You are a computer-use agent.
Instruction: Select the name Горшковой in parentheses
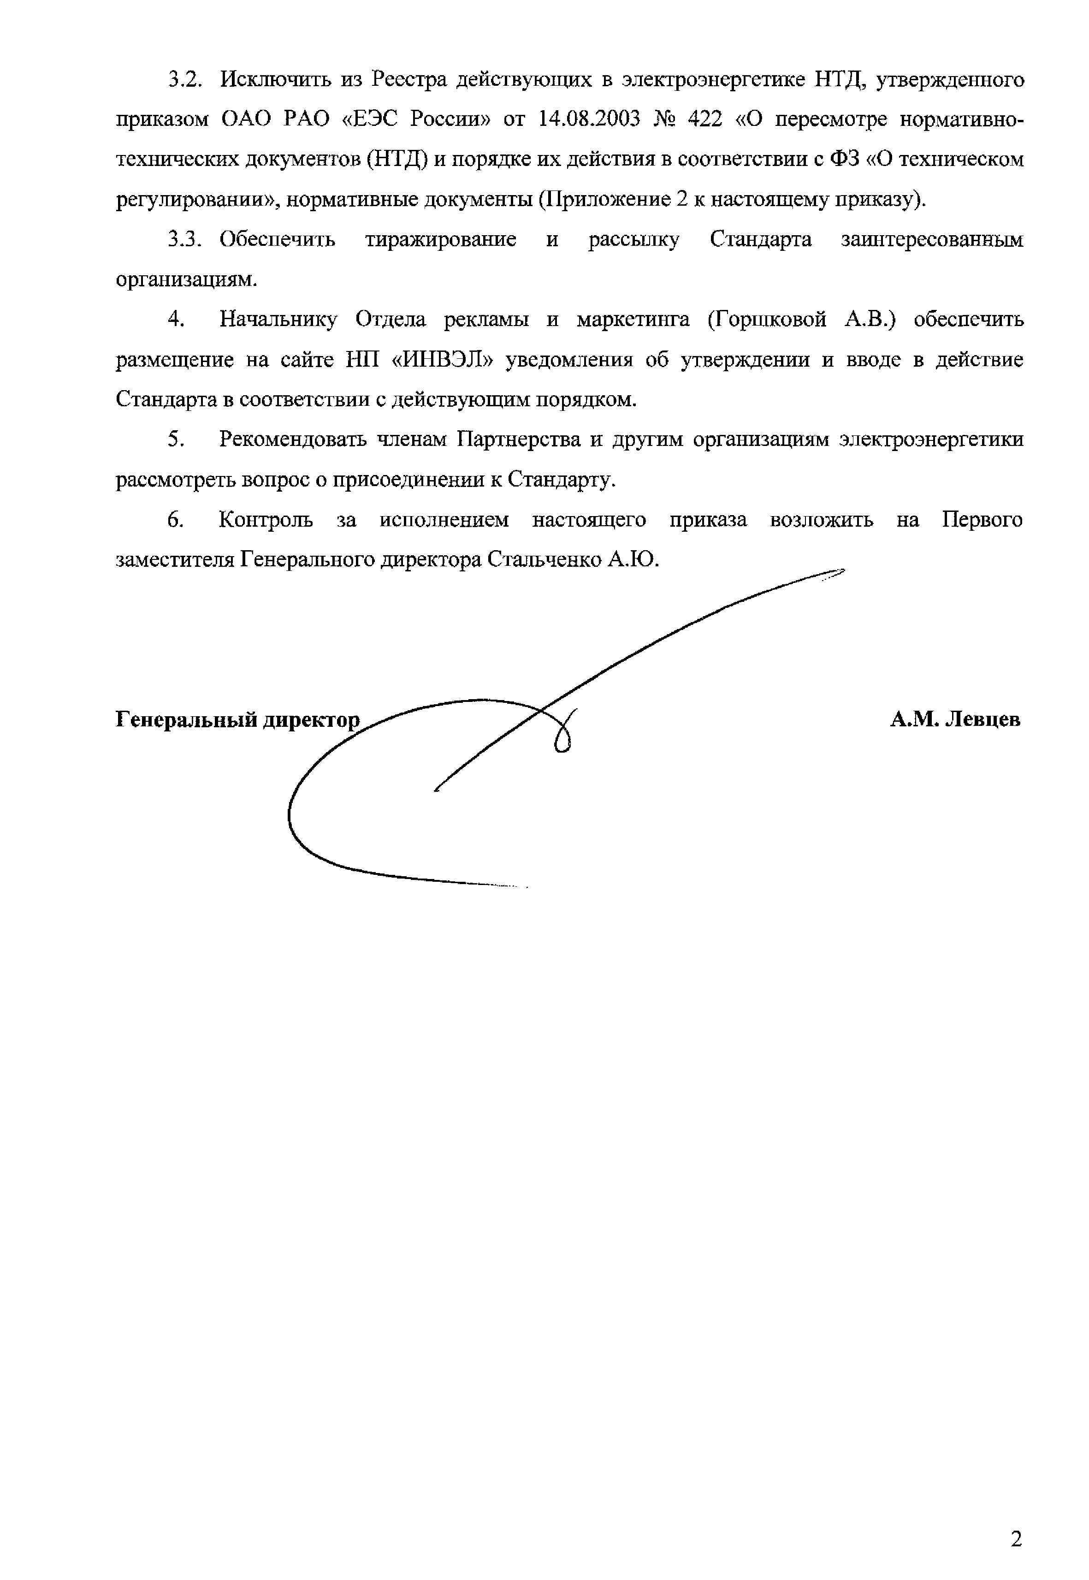click(767, 320)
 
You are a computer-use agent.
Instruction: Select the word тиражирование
click(441, 239)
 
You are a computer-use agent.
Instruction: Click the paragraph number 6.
click(175, 520)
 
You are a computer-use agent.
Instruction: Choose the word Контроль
click(266, 520)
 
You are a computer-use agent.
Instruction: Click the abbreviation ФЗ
click(843, 160)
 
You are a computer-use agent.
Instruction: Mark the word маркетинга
click(633, 320)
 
